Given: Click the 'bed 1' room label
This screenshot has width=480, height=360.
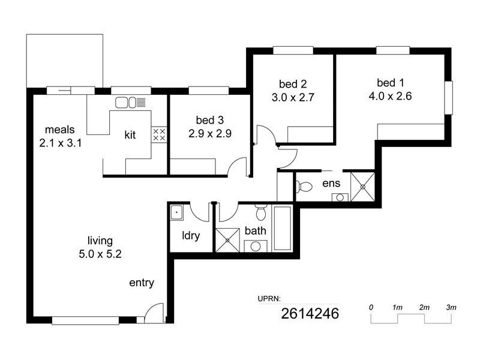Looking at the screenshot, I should coord(391,82).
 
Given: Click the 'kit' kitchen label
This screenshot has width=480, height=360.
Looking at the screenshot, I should coord(130,134).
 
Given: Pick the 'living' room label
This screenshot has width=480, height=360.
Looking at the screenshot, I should coord(100,241).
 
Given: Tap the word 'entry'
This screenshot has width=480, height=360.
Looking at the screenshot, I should coord(142,283).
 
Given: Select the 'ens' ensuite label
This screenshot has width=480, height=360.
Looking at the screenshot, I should coord(331,183).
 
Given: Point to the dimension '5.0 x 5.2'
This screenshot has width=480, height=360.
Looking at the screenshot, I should coord(100,253).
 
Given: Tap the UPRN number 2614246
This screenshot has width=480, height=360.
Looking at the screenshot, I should coord(311,313).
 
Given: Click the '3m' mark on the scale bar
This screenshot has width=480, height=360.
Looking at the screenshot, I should coord(451,307).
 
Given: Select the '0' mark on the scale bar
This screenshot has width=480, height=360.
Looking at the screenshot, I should coord(371,307).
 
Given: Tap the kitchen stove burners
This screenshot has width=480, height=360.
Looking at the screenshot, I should coord(159,134).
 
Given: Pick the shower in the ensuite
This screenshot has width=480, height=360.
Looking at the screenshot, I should coord(362,185).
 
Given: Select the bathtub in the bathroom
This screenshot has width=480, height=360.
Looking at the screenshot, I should coord(281,229).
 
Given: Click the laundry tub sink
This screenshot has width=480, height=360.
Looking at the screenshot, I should coord(176,212).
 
